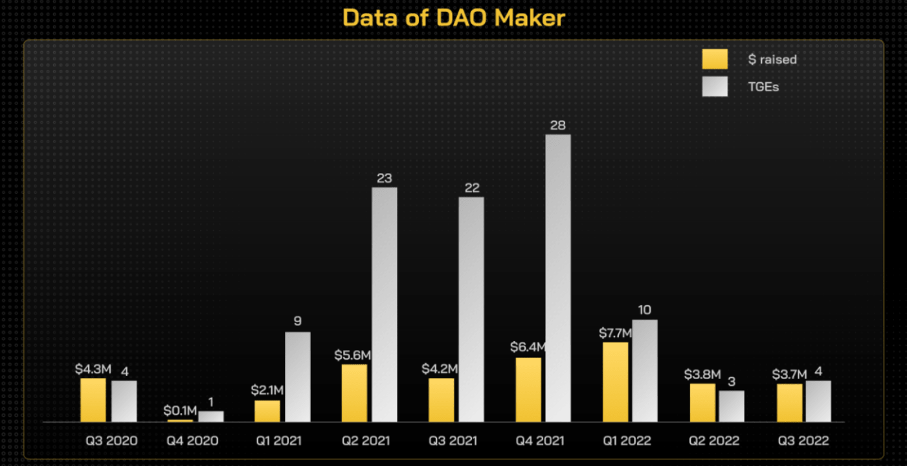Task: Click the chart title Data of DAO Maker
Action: (453, 17)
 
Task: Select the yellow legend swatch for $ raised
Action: (715, 59)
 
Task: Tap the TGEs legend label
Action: (763, 86)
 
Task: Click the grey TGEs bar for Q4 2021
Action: (558, 279)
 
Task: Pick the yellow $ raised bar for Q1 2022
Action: (616, 382)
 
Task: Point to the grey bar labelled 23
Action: (385, 305)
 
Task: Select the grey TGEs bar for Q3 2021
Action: (471, 310)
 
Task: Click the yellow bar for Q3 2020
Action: (93, 400)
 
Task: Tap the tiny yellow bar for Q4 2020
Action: (180, 421)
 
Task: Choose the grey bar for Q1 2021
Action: (298, 377)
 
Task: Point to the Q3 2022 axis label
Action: (803, 441)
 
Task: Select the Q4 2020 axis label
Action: (192, 441)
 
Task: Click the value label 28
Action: (558, 125)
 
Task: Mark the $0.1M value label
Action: (180, 410)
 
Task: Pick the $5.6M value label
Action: (353, 355)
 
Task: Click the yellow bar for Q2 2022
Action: (702, 402)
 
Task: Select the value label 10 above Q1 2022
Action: (644, 310)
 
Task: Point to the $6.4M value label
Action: (528, 348)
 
